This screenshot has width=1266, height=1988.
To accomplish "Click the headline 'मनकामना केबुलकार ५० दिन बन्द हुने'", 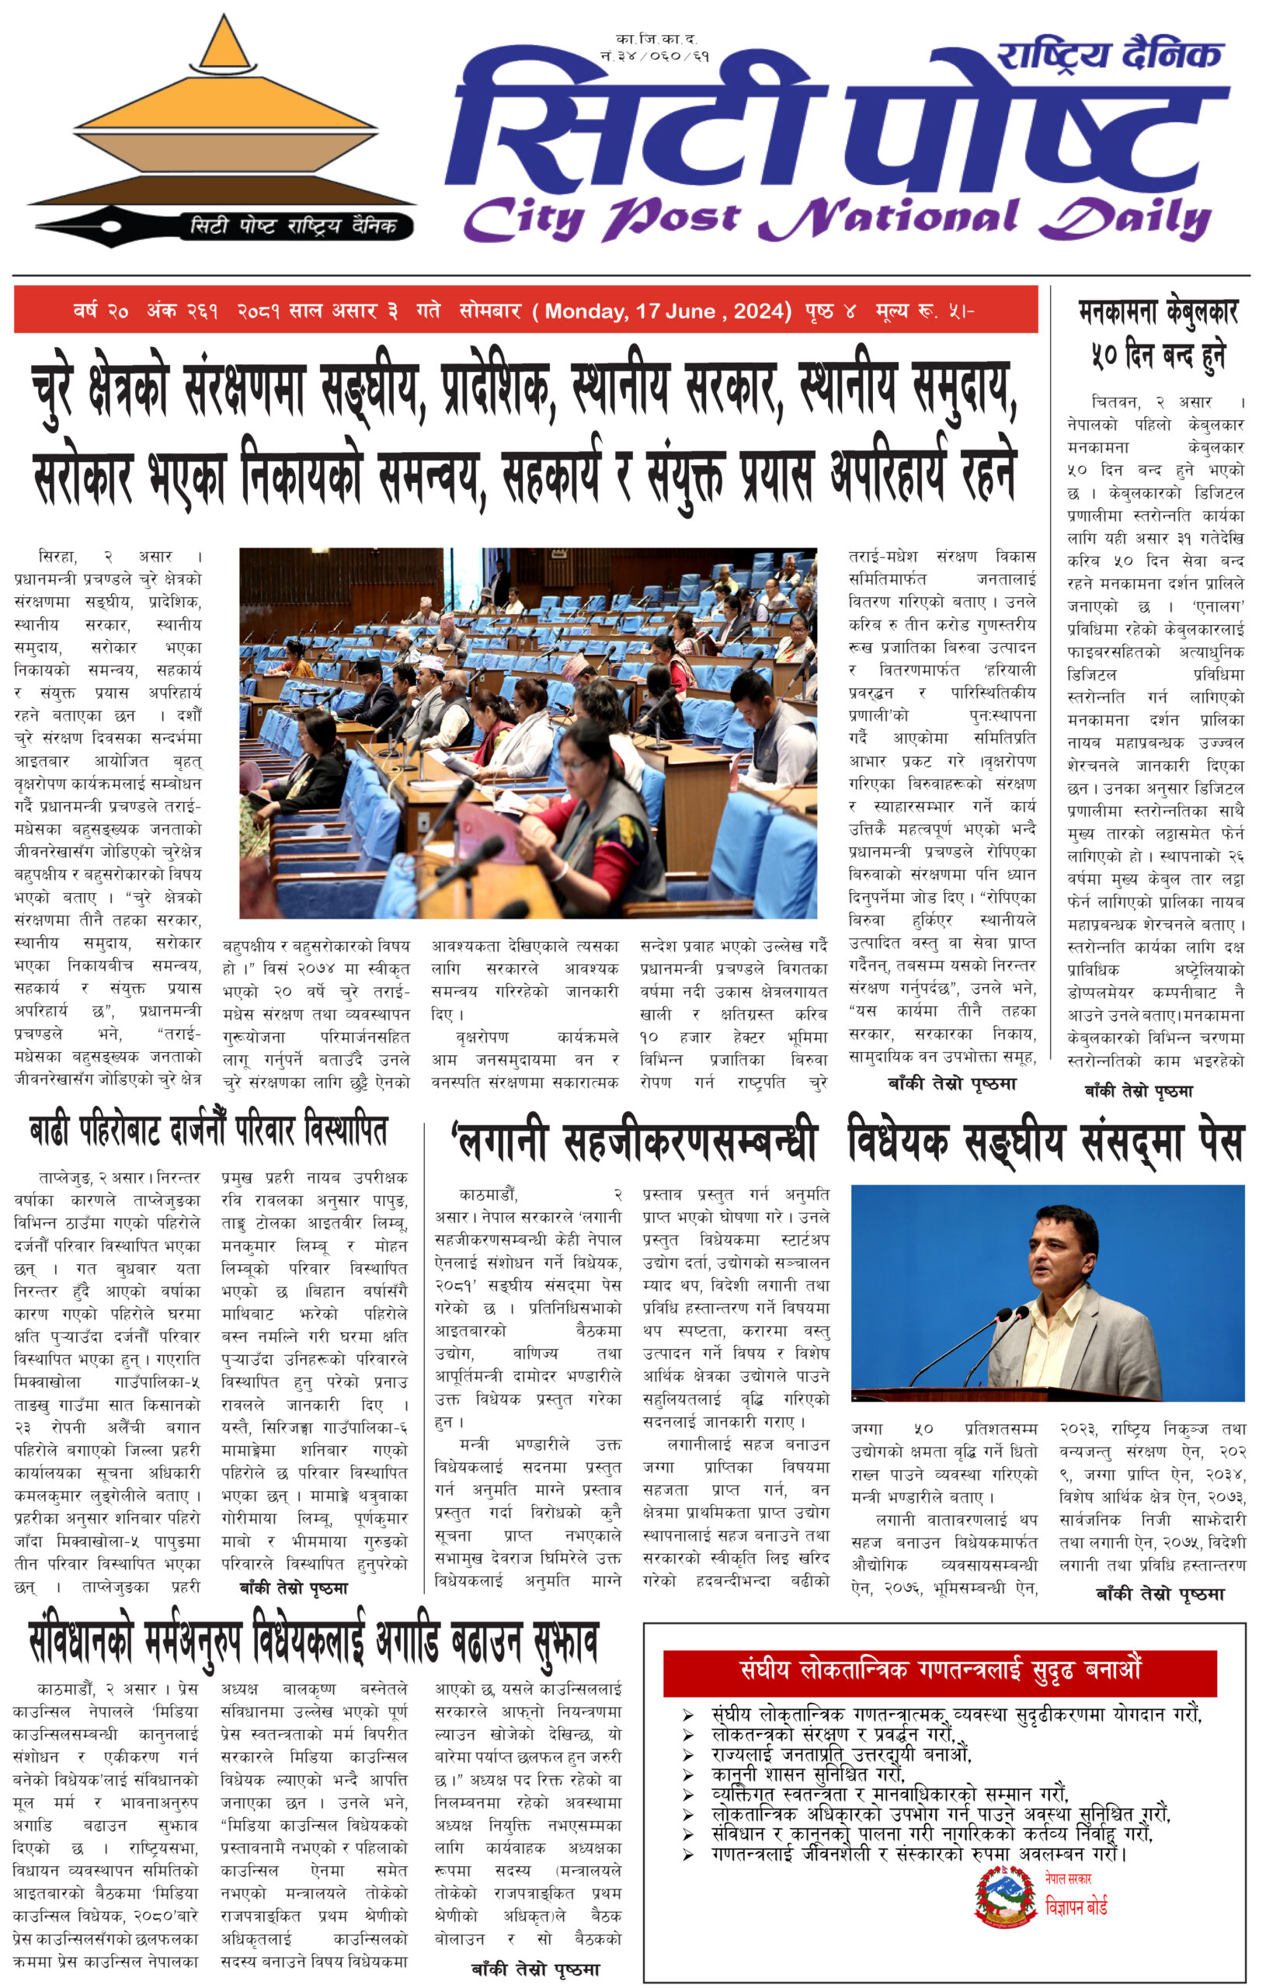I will [x=1157, y=335].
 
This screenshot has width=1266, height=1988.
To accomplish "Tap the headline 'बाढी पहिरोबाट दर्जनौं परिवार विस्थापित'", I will [x=208, y=1131].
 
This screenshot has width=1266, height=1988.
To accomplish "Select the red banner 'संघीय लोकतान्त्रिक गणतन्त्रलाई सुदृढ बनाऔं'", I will [x=940, y=1670].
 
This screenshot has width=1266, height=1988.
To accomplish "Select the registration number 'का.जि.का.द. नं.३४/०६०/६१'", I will [x=656, y=48].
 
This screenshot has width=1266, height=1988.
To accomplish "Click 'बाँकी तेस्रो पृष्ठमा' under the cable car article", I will [x=1139, y=1091].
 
